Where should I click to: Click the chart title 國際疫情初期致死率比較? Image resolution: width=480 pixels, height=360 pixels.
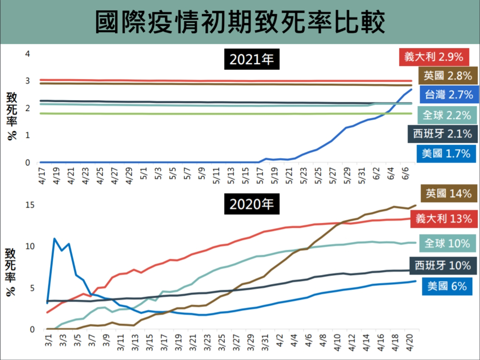240,22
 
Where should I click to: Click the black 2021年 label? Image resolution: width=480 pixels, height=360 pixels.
252,59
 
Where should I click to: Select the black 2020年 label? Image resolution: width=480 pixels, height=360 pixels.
252,204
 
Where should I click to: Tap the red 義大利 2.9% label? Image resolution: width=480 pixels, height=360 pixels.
434,57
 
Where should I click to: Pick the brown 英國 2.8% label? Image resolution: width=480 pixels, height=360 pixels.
448,76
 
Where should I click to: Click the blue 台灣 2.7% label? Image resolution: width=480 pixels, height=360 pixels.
449,94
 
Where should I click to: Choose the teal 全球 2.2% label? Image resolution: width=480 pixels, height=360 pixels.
447,115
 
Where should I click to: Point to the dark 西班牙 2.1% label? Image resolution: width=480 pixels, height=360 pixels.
442,134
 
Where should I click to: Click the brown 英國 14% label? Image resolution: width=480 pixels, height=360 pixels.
449,193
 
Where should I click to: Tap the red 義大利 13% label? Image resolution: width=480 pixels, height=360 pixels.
444,218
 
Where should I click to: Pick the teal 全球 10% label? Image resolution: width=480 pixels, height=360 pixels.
447,243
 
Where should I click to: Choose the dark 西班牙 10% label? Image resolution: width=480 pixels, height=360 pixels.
442,265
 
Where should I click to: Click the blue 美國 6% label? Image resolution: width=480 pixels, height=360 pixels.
447,286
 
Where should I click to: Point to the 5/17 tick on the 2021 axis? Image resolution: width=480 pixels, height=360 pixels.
260,176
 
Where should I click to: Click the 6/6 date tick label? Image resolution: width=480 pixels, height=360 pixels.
405,173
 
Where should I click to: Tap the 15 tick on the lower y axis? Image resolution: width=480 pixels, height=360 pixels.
30,205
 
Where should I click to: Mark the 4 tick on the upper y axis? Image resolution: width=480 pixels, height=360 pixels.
27,54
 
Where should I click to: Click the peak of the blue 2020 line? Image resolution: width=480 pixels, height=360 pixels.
54,239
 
